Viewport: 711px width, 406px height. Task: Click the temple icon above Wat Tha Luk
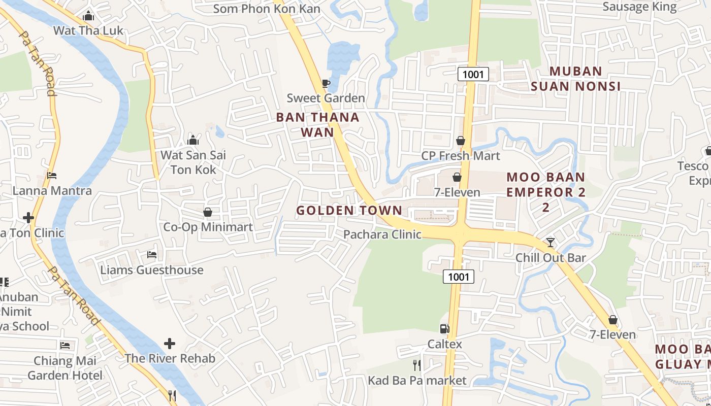click(x=88, y=16)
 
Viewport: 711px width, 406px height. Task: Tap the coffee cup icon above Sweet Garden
click(x=326, y=83)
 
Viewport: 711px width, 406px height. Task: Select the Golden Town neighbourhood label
click(x=349, y=210)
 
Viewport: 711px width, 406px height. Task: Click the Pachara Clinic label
click(x=382, y=234)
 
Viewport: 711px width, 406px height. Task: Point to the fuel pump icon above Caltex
click(x=444, y=329)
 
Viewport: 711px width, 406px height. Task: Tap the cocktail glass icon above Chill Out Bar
click(x=550, y=243)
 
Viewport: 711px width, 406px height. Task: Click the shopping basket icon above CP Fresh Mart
click(x=461, y=141)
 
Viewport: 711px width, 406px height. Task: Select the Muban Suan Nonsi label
click(x=575, y=79)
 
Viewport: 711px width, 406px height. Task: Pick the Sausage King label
click(x=639, y=7)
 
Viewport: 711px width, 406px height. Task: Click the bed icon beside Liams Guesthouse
click(x=151, y=254)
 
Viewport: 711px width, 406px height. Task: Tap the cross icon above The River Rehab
click(x=170, y=344)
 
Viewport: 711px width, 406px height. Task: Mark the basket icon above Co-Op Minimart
click(x=208, y=212)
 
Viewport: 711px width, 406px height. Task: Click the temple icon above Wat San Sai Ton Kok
click(x=193, y=140)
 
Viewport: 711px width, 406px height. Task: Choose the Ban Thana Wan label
click(x=317, y=124)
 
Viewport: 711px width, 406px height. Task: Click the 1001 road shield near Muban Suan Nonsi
click(x=473, y=75)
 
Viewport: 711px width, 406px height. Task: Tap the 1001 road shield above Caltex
click(x=459, y=277)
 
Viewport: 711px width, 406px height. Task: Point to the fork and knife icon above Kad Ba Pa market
click(x=417, y=365)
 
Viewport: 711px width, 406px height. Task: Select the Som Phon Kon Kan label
click(x=267, y=9)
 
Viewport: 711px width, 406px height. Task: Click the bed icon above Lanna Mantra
click(x=52, y=176)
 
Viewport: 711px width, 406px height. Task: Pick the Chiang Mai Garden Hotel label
click(x=64, y=368)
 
